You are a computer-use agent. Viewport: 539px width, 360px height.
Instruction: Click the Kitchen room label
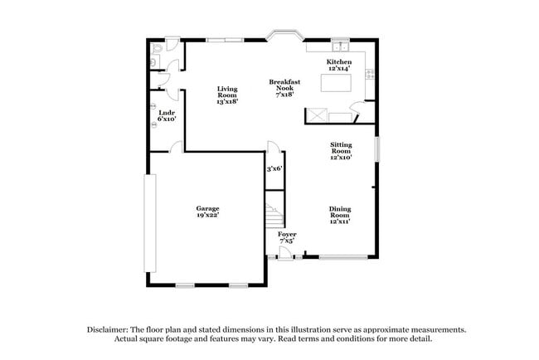(x=338, y=62)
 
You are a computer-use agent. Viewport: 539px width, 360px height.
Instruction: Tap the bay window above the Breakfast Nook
(x=284, y=37)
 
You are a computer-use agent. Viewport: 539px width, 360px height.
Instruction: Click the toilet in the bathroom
(x=157, y=56)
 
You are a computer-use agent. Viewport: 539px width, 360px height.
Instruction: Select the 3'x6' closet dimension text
(x=274, y=168)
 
